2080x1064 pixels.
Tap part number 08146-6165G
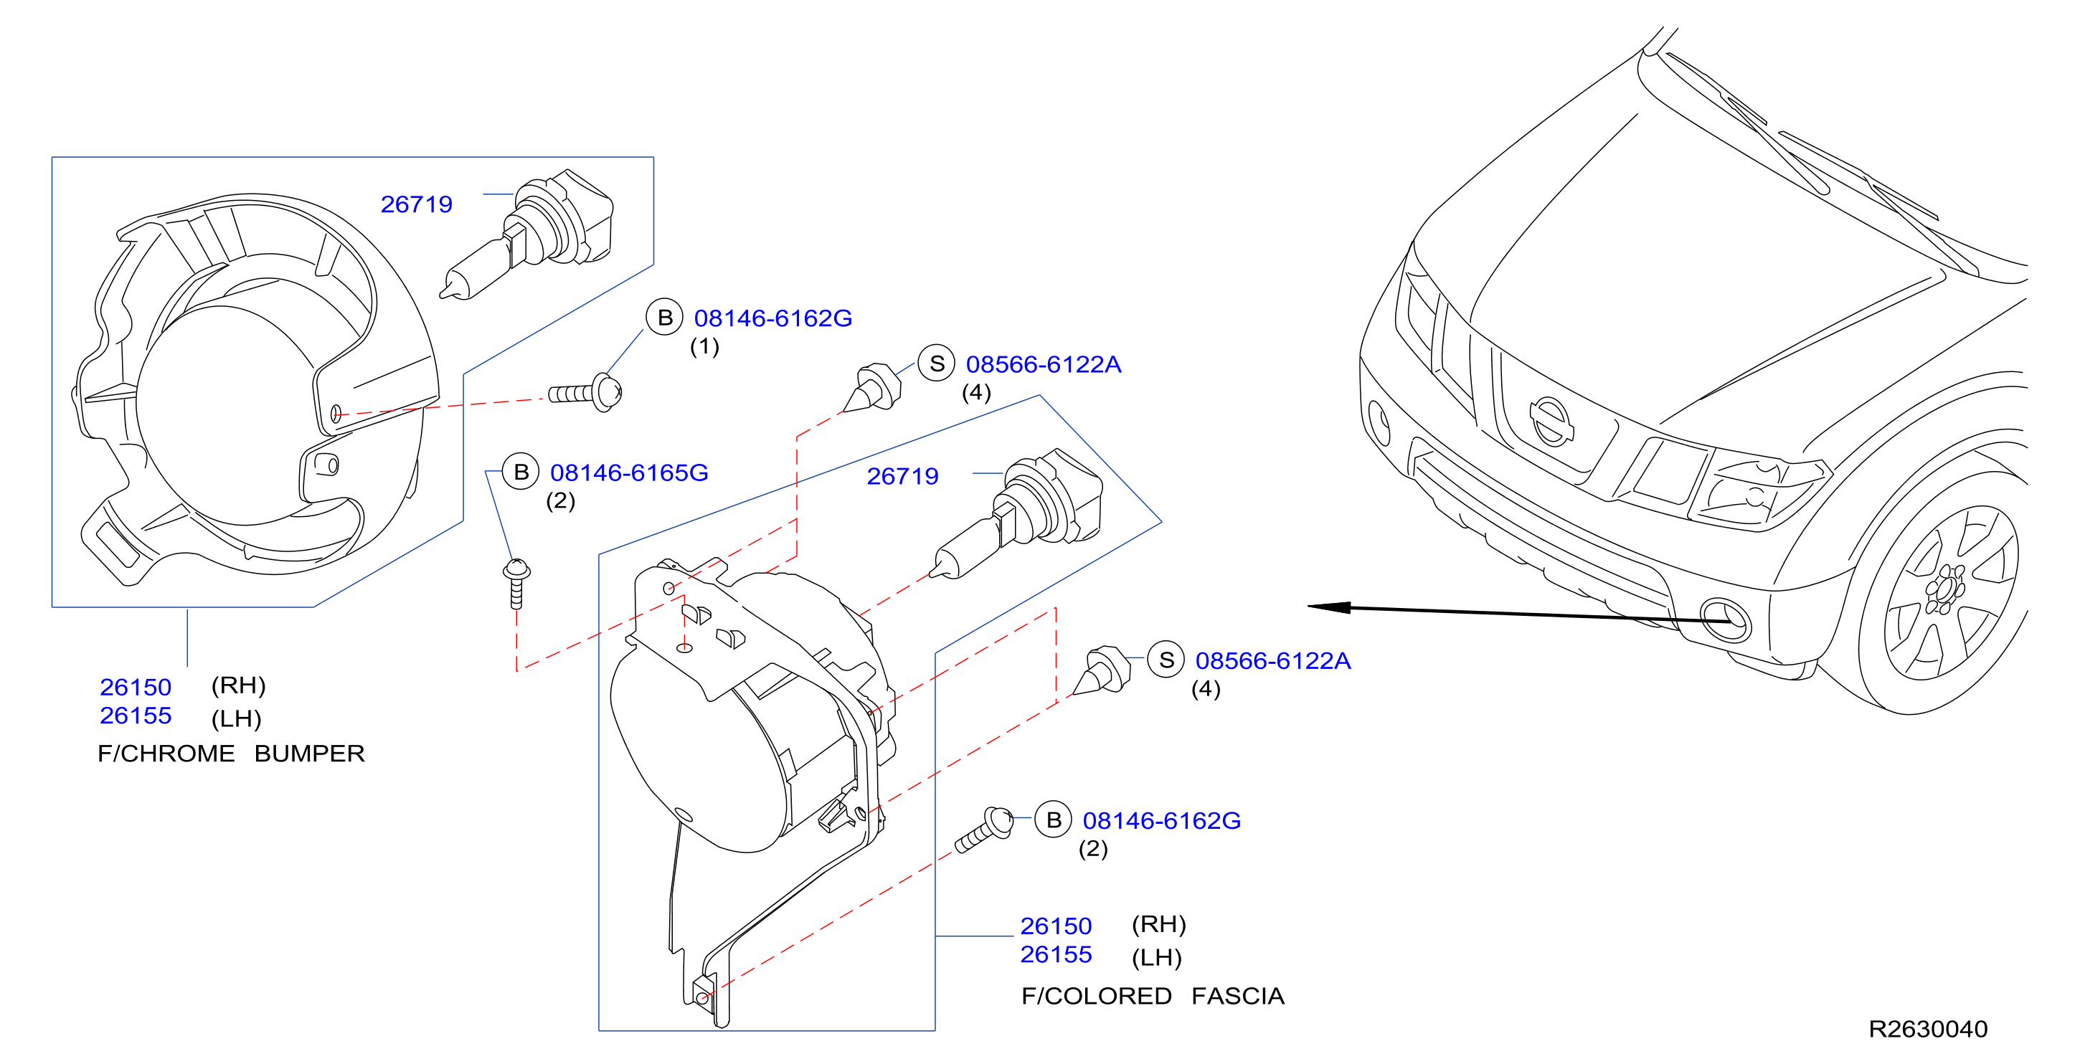tap(629, 472)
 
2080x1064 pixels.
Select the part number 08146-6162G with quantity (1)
tap(772, 318)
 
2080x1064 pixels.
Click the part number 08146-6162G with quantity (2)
tap(1161, 820)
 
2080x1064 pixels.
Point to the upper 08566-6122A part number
tap(1044, 364)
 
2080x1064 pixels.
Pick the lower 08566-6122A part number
tap(1272, 660)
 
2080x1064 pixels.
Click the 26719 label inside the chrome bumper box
tap(417, 204)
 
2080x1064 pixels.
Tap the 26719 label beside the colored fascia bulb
tap(903, 476)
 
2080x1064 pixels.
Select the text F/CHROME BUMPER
tap(231, 754)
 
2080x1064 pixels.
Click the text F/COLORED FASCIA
tap(1152, 995)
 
